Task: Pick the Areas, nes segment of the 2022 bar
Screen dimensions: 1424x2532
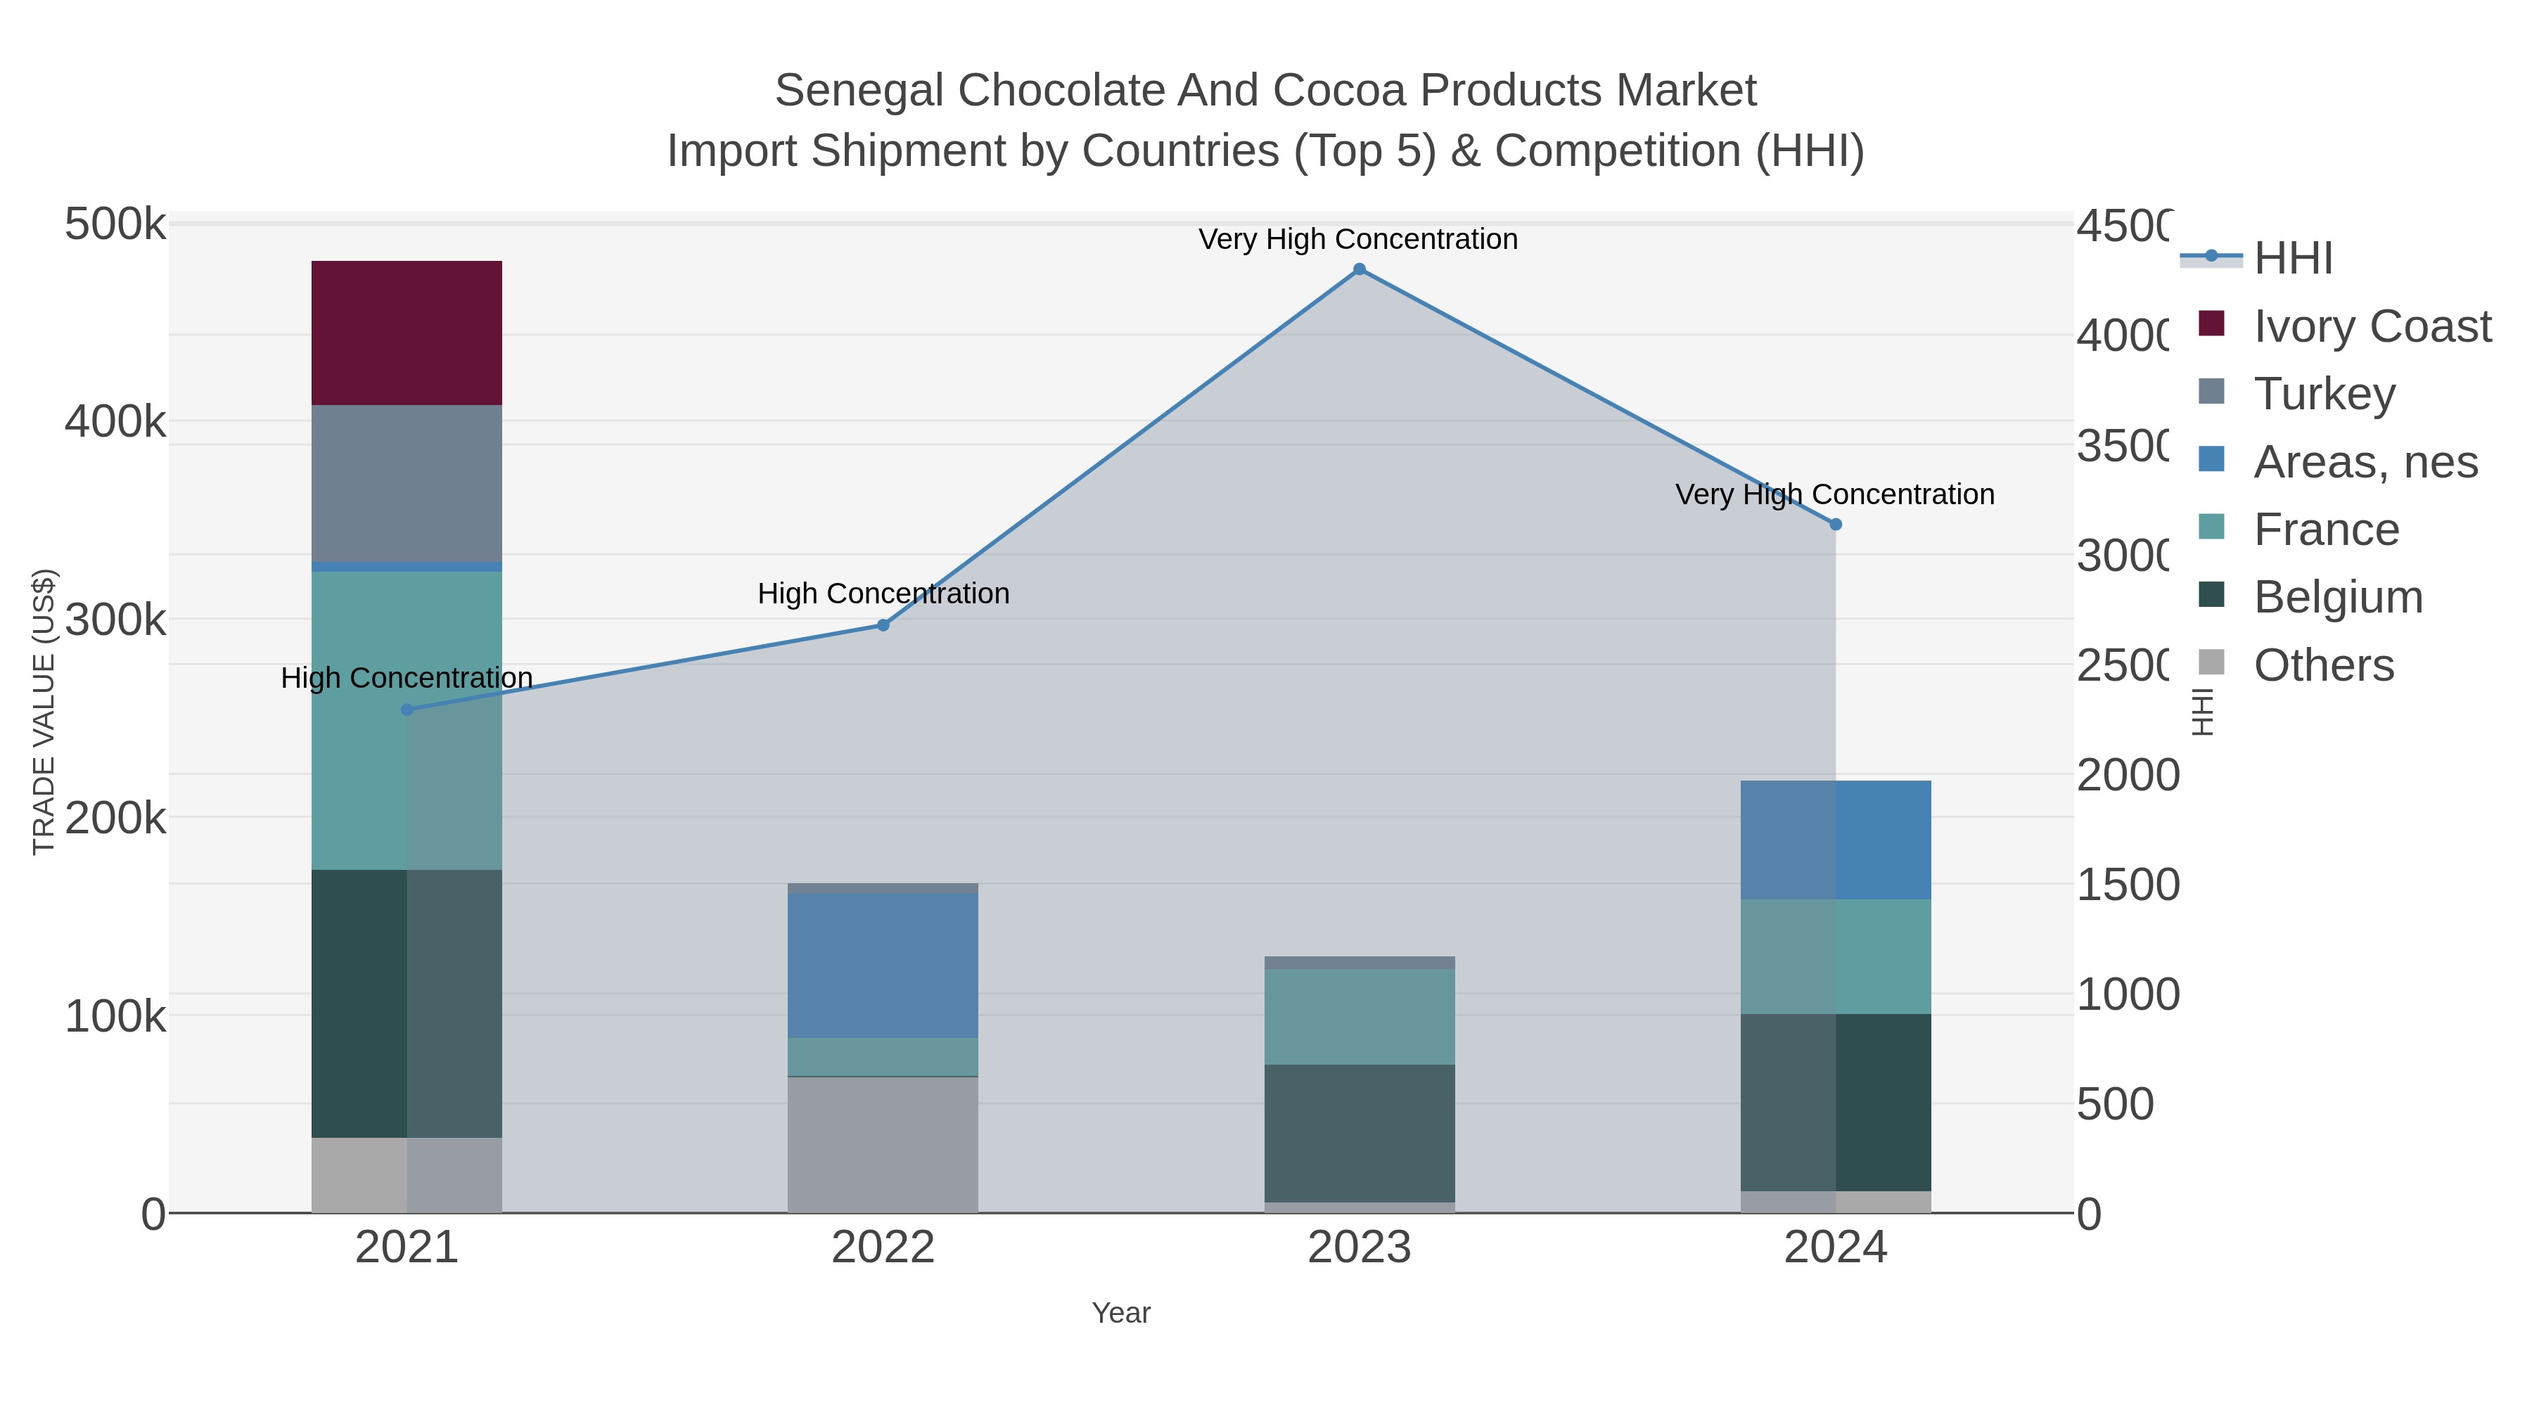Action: click(x=883, y=965)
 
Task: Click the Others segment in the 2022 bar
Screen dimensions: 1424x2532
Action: click(x=883, y=1144)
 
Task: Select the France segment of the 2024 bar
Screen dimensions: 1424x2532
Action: click(x=1835, y=956)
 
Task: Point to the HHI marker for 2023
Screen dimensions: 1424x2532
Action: click(x=1360, y=269)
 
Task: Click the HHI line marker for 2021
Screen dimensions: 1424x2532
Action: click(x=407, y=710)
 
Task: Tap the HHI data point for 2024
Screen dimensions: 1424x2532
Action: click(x=1835, y=525)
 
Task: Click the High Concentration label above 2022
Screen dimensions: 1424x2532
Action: click(x=883, y=594)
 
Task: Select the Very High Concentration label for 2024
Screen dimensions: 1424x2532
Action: click(x=1834, y=494)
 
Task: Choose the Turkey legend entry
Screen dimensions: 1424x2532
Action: click(x=2324, y=394)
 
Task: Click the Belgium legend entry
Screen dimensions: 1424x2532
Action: click(x=2337, y=598)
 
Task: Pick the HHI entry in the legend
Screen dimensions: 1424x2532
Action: click(x=2292, y=259)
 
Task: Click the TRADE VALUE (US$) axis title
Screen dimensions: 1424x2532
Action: click(x=44, y=712)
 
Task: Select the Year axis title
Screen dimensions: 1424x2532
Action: click(x=1120, y=1313)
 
